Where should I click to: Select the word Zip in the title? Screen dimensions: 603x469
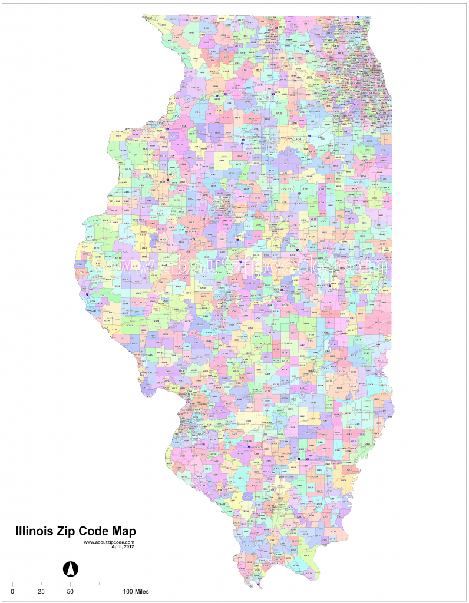(x=69, y=531)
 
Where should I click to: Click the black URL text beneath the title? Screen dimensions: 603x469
(x=110, y=542)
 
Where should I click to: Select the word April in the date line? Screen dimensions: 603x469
(x=117, y=546)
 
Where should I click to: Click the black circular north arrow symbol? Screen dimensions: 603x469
(x=70, y=569)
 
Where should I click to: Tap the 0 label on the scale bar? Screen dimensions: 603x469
(x=13, y=591)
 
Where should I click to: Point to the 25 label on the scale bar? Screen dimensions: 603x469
(x=41, y=591)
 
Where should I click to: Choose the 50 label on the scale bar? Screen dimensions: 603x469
(x=70, y=591)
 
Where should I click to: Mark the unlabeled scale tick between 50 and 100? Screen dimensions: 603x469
(x=99, y=584)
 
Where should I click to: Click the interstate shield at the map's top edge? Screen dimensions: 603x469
(x=358, y=17)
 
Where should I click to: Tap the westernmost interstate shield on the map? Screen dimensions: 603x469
(x=87, y=296)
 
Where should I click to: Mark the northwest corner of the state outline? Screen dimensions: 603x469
(x=143, y=17)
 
